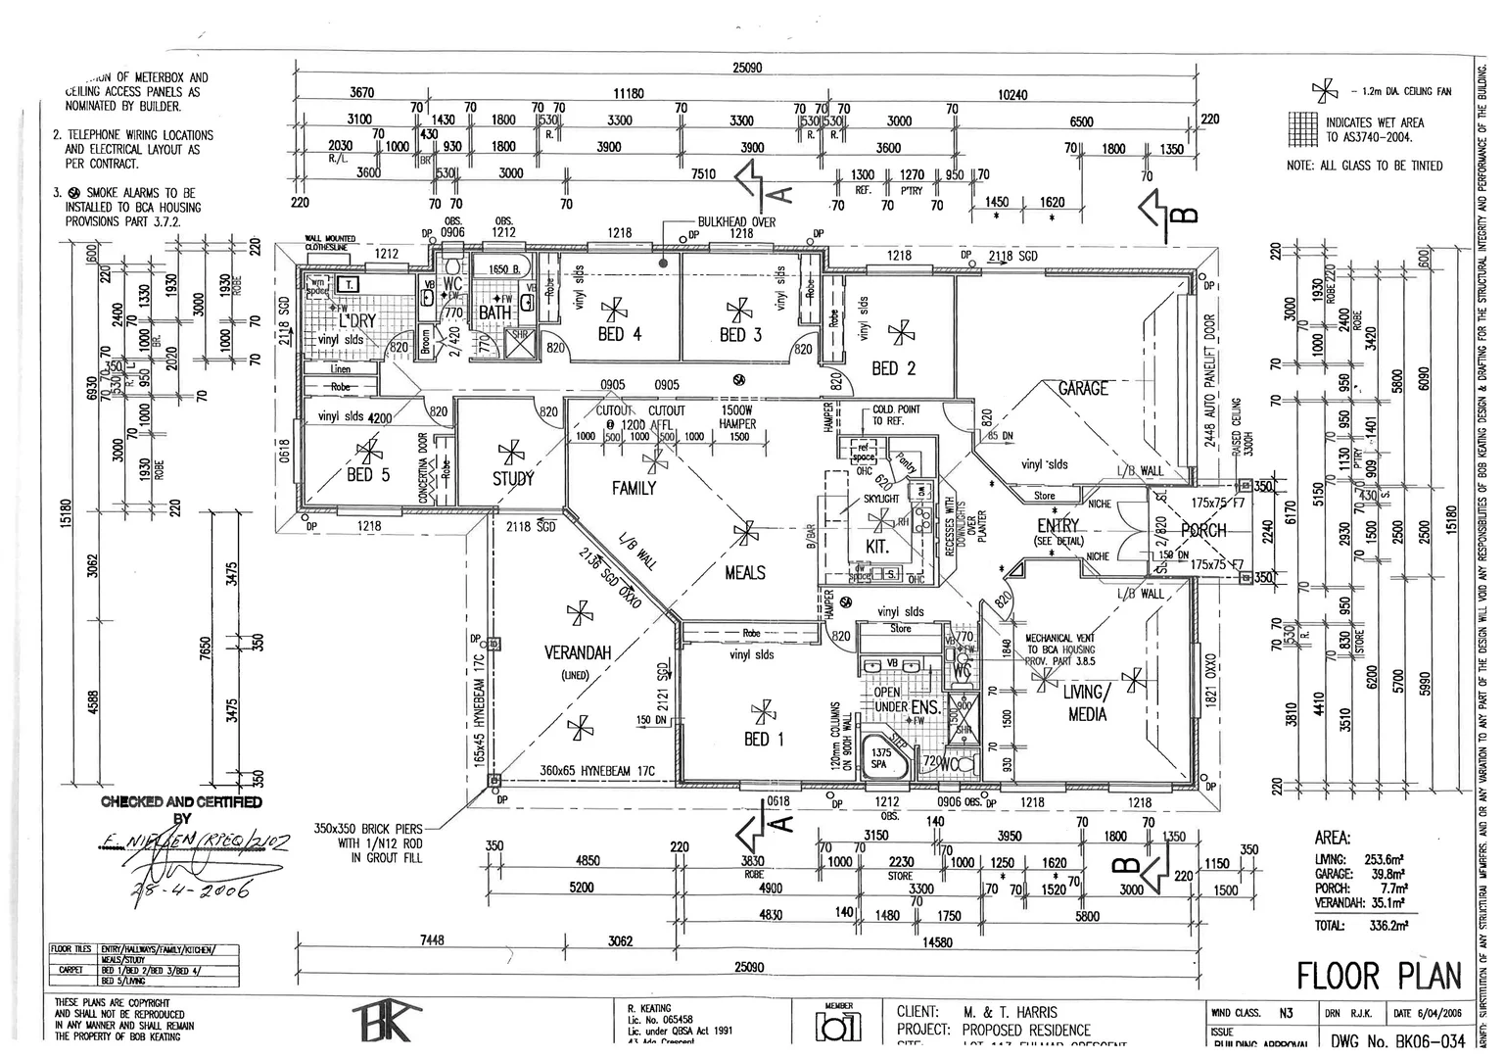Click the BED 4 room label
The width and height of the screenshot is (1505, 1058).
(619, 334)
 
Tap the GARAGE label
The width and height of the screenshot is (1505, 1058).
(1082, 389)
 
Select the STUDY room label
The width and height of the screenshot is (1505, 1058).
(513, 478)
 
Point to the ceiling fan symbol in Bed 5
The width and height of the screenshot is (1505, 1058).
(369, 452)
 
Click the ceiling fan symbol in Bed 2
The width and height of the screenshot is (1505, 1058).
(897, 333)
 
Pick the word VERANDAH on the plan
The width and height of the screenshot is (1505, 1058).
(577, 652)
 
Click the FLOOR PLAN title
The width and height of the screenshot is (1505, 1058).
(1379, 976)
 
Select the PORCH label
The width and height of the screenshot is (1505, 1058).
(1203, 531)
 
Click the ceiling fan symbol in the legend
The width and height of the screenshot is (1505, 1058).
(1324, 92)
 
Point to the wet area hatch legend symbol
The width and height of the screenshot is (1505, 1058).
(1303, 128)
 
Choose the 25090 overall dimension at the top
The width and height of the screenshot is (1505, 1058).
(747, 69)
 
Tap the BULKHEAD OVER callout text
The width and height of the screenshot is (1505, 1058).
(736, 222)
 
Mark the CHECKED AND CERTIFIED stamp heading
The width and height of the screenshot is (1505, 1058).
(181, 802)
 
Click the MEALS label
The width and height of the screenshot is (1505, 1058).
(744, 572)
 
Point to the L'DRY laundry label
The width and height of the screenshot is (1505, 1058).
(356, 320)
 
